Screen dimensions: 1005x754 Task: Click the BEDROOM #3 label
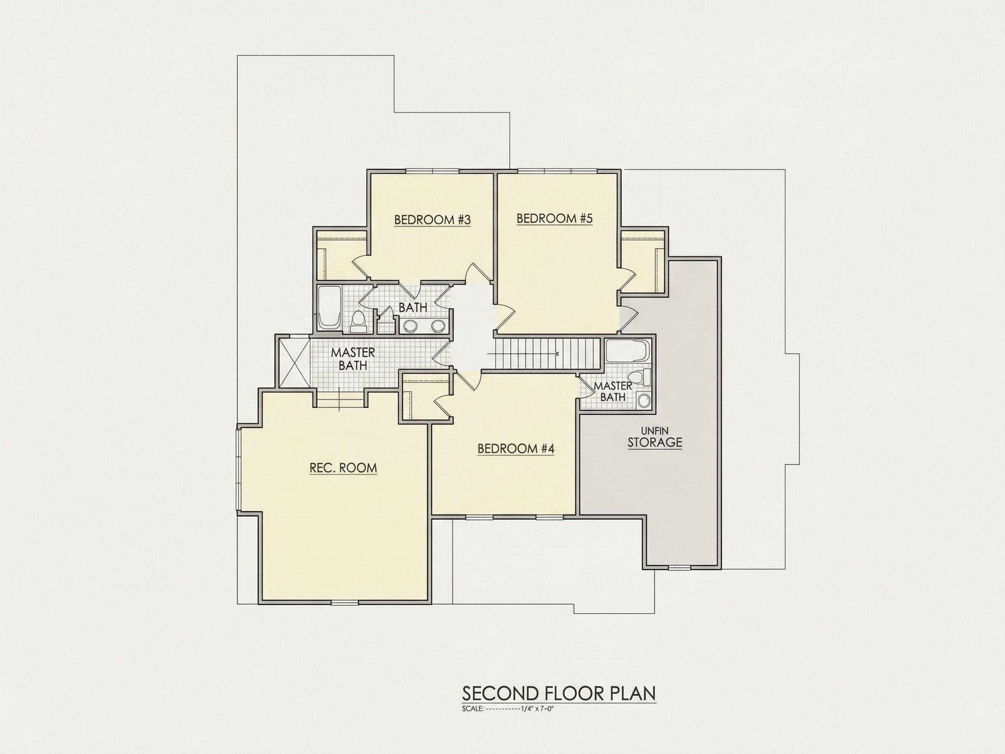click(x=432, y=220)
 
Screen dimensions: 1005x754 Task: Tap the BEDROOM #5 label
click(x=555, y=219)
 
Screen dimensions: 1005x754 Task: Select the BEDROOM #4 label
click(x=516, y=449)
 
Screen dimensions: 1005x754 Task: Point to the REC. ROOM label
click(x=343, y=468)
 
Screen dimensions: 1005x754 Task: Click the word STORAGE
click(x=655, y=442)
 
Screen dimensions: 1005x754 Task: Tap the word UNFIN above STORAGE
click(x=655, y=430)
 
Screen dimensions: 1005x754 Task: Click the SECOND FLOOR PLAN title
click(x=559, y=693)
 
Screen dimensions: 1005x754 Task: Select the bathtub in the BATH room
click(x=328, y=308)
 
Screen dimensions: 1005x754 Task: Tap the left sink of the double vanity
click(x=411, y=326)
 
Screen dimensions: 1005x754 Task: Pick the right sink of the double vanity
click(x=438, y=326)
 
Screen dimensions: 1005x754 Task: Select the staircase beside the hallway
click(x=547, y=353)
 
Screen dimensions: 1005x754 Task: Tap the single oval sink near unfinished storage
click(x=644, y=401)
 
